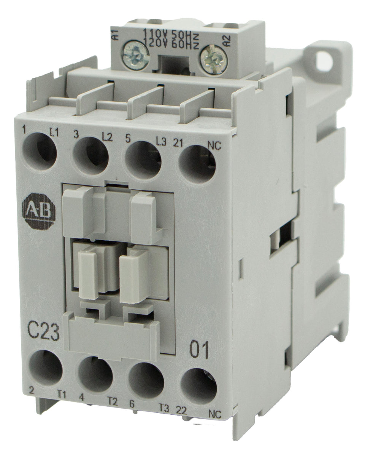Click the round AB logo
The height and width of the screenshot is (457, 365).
(39, 211)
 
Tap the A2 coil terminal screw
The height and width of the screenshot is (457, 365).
(214, 60)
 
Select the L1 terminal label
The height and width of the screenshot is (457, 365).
(54, 133)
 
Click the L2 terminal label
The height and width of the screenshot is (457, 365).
(107, 138)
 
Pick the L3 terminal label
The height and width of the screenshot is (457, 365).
(161, 142)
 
